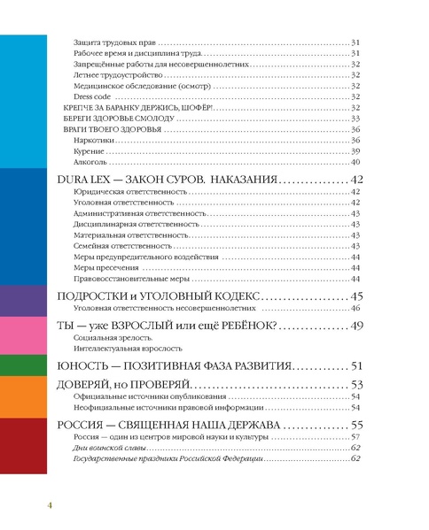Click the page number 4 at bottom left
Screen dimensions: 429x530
click(x=51, y=504)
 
